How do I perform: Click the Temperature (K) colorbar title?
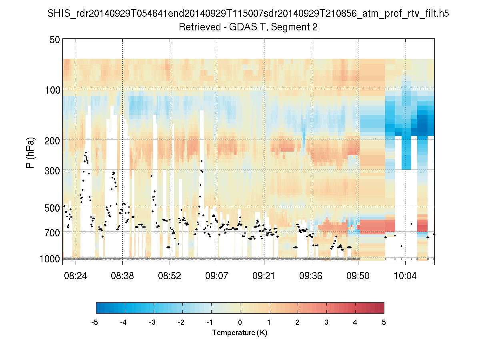[x=240, y=333]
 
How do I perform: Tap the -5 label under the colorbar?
[x=95, y=322]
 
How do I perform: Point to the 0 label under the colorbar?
[x=240, y=322]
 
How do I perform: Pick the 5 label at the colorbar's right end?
[x=384, y=322]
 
